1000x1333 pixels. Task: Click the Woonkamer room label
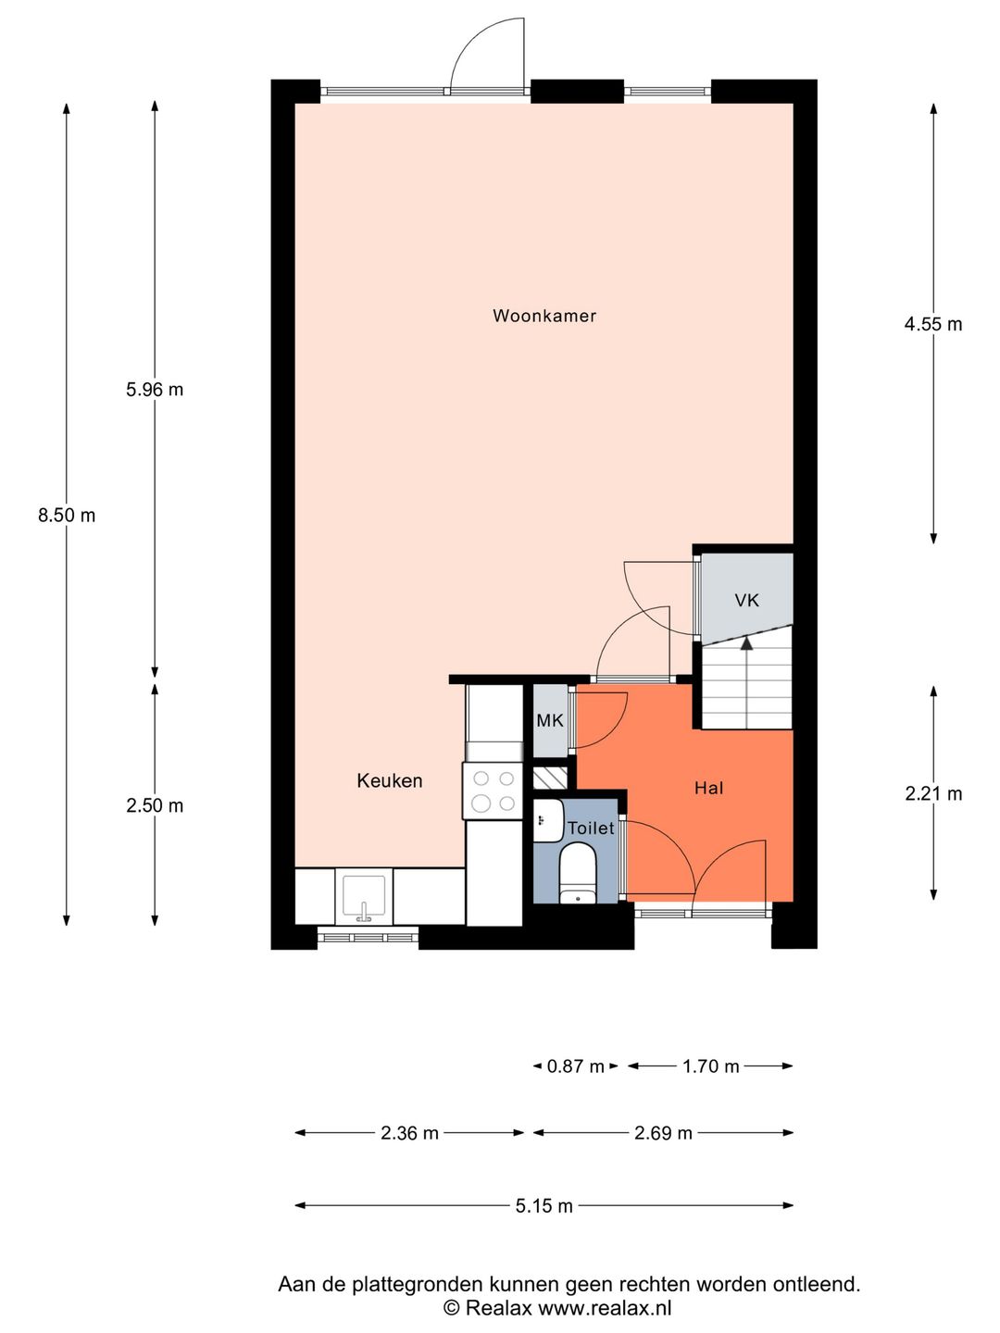(x=544, y=316)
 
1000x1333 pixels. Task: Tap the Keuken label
(x=390, y=780)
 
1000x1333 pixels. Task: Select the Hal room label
(x=708, y=788)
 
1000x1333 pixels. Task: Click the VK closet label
(x=746, y=600)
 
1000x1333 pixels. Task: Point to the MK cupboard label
(x=549, y=720)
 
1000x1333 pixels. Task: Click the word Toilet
(x=591, y=828)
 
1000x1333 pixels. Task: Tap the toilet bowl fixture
(x=578, y=876)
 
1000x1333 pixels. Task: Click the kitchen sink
(x=364, y=896)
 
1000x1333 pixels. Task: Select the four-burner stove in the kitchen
(x=494, y=791)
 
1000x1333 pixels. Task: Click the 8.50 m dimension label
(x=67, y=516)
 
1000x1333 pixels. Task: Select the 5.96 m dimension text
(x=155, y=390)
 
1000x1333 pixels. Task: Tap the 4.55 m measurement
(x=932, y=324)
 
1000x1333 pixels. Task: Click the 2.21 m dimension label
(x=932, y=793)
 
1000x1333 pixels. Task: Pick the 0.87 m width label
(x=575, y=1066)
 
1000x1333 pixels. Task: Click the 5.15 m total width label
(x=544, y=1205)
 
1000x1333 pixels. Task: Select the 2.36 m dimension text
(x=409, y=1133)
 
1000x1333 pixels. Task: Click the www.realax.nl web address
(x=605, y=1308)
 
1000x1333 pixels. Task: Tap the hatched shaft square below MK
(x=550, y=777)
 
